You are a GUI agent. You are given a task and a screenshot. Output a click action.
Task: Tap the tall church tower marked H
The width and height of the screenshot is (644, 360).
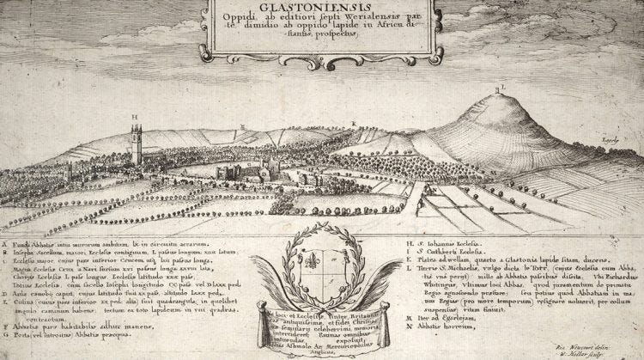[137, 142]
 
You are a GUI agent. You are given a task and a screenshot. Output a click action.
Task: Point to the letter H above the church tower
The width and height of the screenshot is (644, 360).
[135, 116]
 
